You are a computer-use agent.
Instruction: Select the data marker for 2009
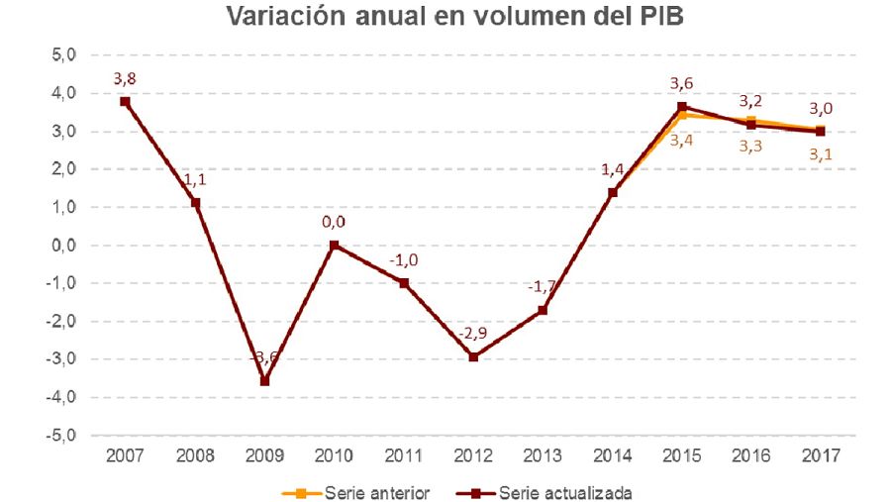coord(264,380)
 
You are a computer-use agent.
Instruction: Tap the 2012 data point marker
coord(473,356)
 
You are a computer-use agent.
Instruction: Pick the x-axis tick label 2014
coord(612,458)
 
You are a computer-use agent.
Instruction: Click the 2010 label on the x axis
coord(334,458)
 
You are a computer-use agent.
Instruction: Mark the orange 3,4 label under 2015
coord(682,140)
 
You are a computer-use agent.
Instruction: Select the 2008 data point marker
coord(195,203)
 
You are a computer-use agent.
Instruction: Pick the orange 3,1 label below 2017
coord(821,153)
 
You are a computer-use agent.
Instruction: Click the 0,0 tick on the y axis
coord(60,246)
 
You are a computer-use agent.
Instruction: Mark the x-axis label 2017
coord(821,458)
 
